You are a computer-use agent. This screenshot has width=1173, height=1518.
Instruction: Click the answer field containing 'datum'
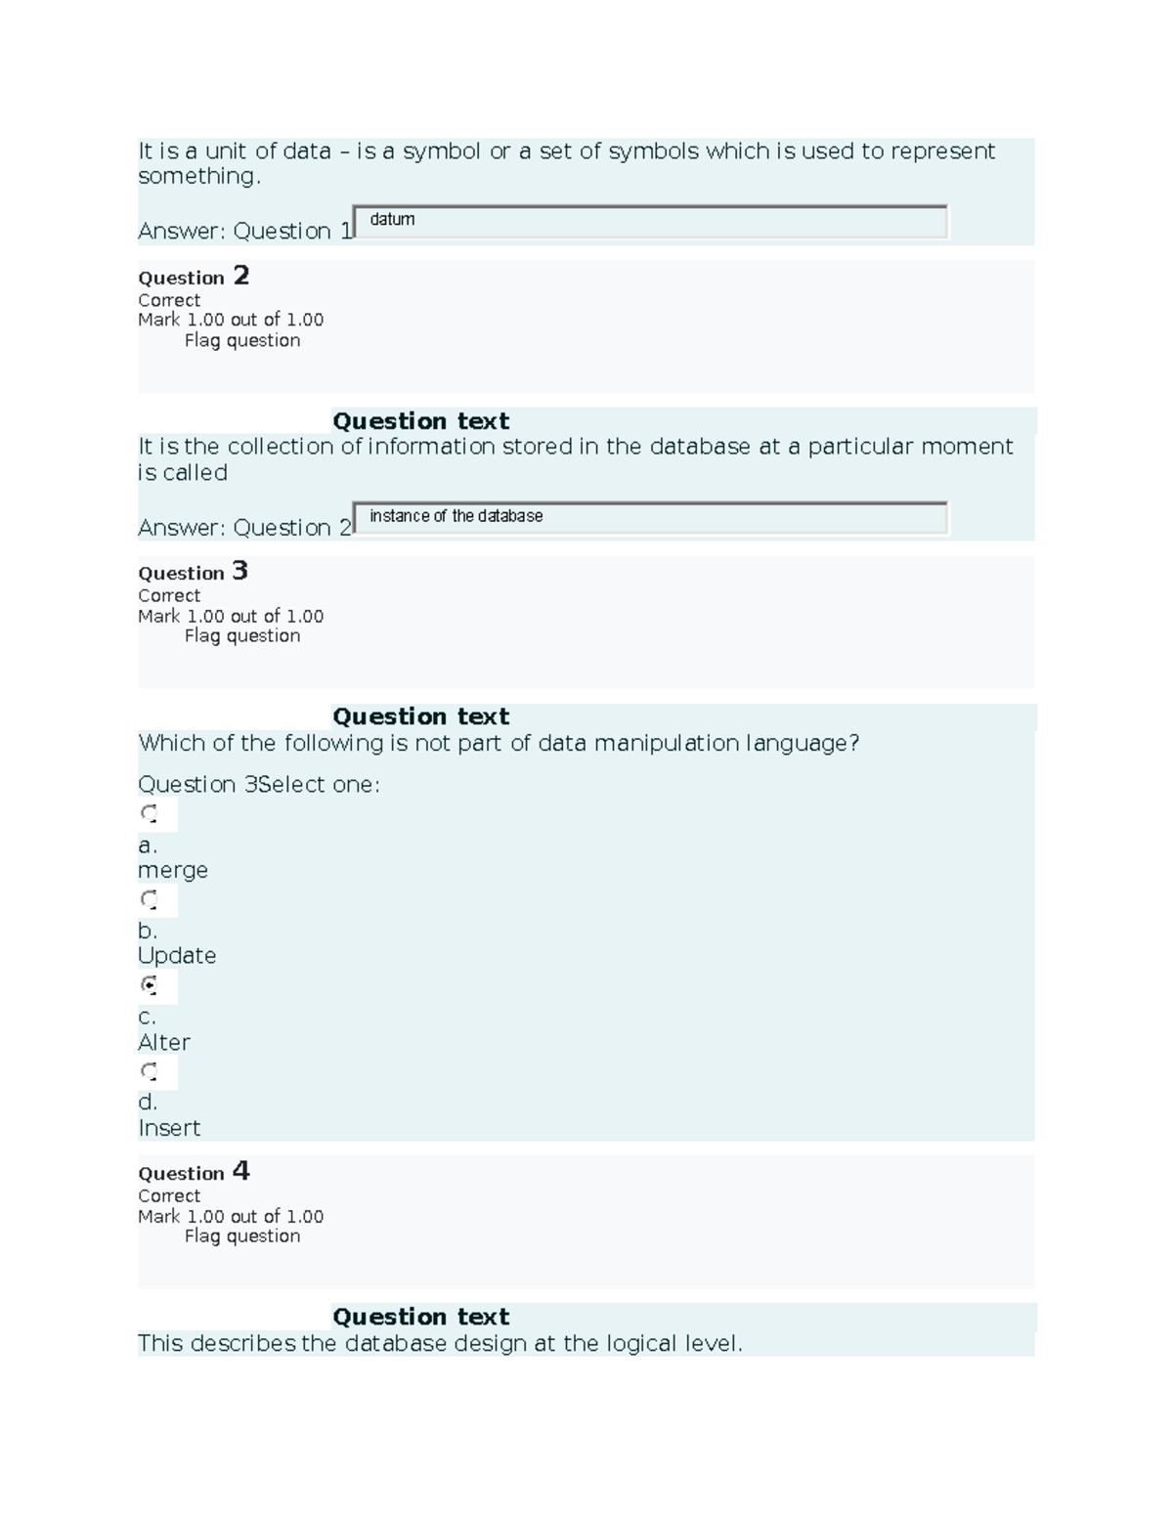tap(650, 222)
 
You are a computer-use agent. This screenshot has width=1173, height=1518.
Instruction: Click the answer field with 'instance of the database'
tap(650, 518)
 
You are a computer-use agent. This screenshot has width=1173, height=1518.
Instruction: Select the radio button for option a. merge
tap(149, 813)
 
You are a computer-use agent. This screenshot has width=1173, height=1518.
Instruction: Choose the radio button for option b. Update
tap(149, 898)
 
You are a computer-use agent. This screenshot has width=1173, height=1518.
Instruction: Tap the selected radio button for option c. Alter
tap(149, 985)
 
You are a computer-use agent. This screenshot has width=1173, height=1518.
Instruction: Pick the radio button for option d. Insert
tap(149, 1071)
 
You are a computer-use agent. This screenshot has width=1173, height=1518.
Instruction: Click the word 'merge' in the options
tap(173, 870)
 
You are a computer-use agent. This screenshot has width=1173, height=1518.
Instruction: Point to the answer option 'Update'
tap(177, 955)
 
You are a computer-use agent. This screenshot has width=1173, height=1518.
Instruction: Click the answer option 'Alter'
tap(164, 1042)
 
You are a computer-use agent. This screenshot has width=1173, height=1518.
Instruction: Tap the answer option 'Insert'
tap(169, 1128)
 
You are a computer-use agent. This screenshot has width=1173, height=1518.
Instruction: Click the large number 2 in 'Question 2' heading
tap(240, 276)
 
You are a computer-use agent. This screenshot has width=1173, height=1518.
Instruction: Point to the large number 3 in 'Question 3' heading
tap(239, 571)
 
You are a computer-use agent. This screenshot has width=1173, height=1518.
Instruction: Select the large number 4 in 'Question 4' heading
tap(240, 1171)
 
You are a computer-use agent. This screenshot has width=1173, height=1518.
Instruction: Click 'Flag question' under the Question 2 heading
tap(242, 340)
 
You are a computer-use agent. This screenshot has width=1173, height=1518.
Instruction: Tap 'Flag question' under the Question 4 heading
tap(242, 1236)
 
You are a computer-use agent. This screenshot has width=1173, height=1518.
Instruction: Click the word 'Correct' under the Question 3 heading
tap(169, 595)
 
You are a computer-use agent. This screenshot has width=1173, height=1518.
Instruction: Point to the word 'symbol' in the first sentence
tap(442, 152)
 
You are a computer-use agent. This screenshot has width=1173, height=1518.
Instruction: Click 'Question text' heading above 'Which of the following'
tap(420, 716)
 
